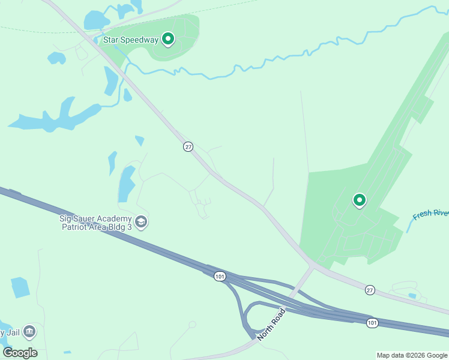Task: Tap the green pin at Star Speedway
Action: pos(169,40)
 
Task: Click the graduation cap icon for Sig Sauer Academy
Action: pos(142,223)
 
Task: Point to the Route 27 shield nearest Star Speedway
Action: pos(188,147)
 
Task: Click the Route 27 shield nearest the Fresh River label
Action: pos(370,290)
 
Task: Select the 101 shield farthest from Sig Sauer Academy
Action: pos(372,323)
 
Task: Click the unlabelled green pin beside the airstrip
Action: pos(360,200)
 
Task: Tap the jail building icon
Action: pos(29,332)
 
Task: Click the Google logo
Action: pos(20,353)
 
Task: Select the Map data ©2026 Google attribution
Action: pos(412,355)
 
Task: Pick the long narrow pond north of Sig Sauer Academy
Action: pos(127,182)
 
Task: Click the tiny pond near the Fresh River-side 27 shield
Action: pos(412,296)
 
